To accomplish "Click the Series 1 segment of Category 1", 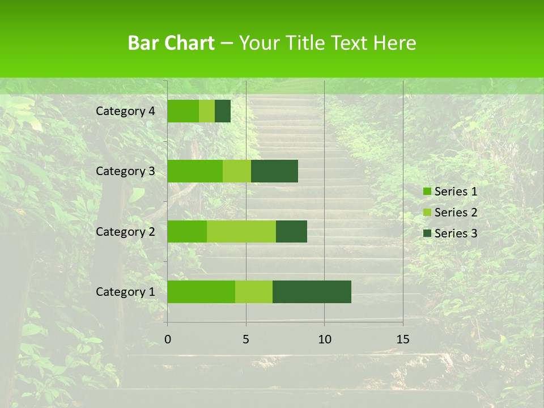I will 201,292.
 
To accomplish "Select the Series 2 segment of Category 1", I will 254,292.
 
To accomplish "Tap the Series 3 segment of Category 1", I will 312,292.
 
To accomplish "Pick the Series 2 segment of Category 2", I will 241,231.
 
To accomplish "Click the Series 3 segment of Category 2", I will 291,231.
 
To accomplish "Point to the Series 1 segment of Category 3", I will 195,171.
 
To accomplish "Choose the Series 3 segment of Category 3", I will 274,171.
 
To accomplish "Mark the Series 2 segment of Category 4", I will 207,111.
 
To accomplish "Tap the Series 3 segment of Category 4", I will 223,111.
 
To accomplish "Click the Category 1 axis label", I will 125,292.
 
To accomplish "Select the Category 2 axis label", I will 125,231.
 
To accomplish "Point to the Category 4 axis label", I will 125,111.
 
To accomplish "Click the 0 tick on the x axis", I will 168,339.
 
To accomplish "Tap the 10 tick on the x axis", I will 324,339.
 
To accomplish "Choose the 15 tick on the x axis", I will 403,339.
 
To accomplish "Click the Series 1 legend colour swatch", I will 427,192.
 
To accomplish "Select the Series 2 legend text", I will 456,212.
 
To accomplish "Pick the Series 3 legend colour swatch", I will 427,233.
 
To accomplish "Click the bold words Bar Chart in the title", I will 171,43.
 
